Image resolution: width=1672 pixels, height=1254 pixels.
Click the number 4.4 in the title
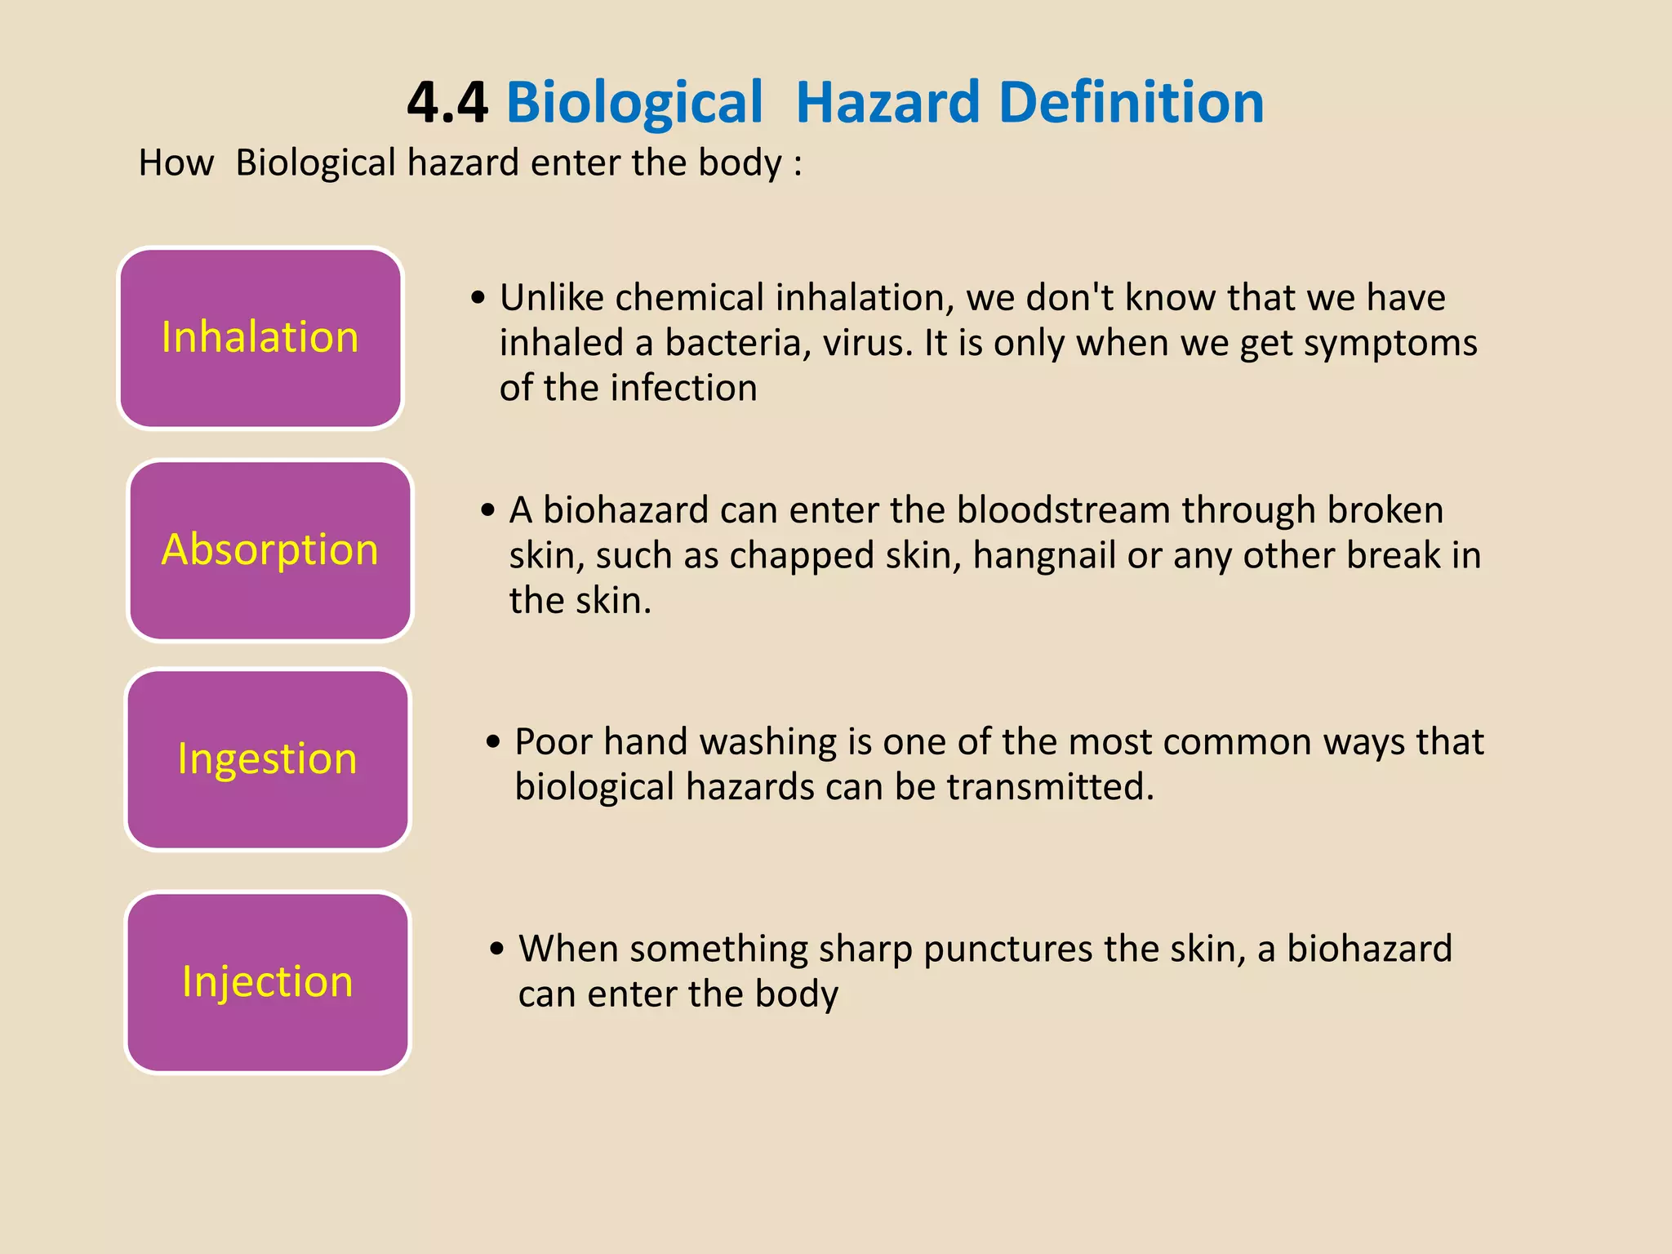tap(447, 104)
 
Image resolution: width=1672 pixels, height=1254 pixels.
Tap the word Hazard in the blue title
tap(887, 104)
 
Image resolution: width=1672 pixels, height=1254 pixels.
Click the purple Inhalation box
tap(260, 338)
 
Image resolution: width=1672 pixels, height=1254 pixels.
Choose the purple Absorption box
tap(270, 550)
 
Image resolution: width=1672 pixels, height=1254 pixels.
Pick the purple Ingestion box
tap(268, 759)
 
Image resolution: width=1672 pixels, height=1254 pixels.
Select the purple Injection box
tap(268, 982)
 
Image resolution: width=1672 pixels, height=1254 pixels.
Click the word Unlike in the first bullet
tap(551, 298)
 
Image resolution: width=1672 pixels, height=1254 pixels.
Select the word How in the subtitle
tap(176, 163)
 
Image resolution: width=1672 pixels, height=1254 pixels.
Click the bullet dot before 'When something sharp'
tap(497, 949)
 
